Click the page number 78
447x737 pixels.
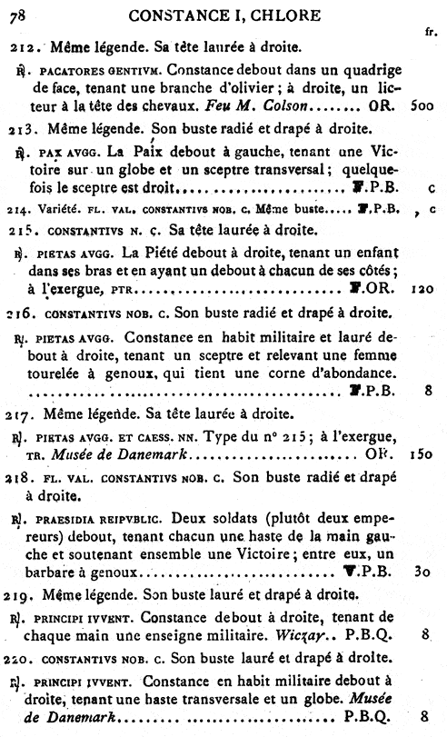click(x=18, y=14)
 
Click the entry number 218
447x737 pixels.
click(x=21, y=476)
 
